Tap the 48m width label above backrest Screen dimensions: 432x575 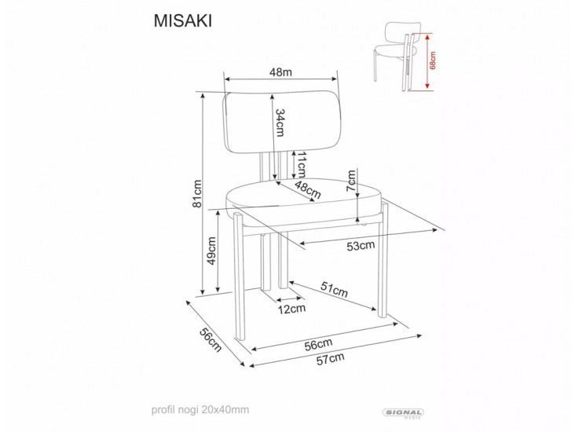click(x=280, y=73)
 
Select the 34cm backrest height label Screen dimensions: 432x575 click(x=280, y=121)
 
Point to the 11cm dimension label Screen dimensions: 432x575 click(x=299, y=163)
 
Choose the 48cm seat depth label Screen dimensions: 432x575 click(x=308, y=190)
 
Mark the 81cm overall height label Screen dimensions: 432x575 click(x=198, y=193)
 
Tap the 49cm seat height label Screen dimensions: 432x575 click(x=211, y=251)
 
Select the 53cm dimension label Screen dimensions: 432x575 click(x=361, y=245)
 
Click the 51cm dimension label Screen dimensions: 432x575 click(x=334, y=290)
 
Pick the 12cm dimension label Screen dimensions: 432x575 click(x=291, y=309)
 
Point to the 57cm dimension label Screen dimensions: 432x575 click(x=330, y=359)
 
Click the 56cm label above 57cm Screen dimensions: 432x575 click(x=317, y=343)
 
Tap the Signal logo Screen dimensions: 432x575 click(x=402, y=412)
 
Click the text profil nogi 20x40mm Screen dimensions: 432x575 click(x=200, y=409)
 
